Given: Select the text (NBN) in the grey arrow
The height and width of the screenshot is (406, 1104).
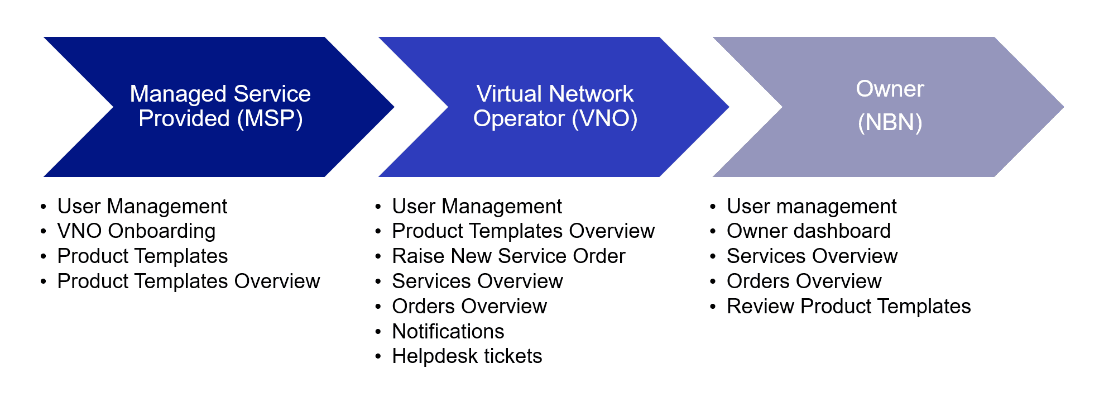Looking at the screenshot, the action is click(x=890, y=122).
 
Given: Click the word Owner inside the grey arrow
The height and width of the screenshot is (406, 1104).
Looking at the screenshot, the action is click(x=890, y=89).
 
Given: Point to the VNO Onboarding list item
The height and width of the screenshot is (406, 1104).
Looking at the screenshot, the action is click(x=136, y=231).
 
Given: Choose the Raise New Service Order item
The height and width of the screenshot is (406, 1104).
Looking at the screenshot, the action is click(x=508, y=256).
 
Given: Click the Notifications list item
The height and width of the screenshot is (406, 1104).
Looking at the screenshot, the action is click(x=448, y=332).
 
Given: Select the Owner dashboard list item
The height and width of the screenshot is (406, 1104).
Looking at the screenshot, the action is click(x=808, y=231).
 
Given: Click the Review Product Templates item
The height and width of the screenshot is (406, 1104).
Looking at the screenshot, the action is click(x=848, y=307).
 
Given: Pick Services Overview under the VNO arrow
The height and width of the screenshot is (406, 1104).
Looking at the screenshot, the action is click(x=477, y=281).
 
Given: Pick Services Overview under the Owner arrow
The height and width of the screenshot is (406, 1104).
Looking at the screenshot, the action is click(x=812, y=256).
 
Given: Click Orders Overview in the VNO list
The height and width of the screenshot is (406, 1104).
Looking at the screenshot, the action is click(x=469, y=307).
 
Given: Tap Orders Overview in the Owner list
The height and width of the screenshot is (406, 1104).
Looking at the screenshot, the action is click(x=804, y=281).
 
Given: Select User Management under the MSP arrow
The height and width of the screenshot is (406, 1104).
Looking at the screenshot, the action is click(x=142, y=207).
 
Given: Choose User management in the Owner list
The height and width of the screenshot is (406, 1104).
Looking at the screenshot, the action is click(x=812, y=207).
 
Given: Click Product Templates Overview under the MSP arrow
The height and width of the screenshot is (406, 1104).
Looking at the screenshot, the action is click(x=189, y=281).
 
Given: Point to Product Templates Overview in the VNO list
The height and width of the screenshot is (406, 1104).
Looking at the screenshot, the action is click(x=523, y=231).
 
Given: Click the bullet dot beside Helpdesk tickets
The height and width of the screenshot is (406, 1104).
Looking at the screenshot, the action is click(x=378, y=357).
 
